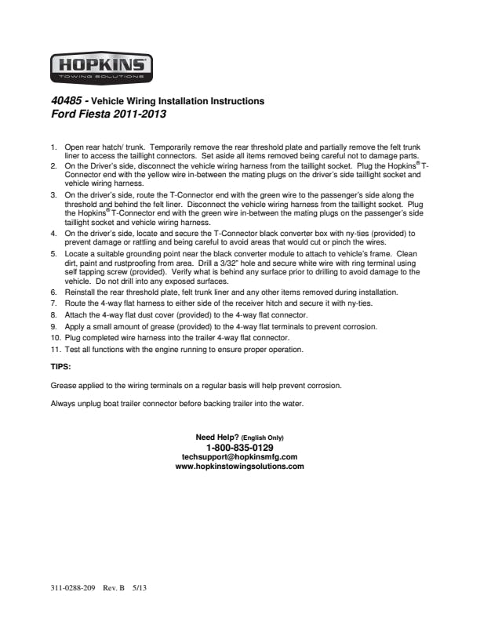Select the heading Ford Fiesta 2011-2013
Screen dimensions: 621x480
[107, 114]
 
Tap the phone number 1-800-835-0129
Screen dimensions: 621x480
[239, 447]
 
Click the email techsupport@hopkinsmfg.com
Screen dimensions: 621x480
[239, 456]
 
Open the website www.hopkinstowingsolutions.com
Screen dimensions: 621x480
[239, 466]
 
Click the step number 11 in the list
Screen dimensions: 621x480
[55, 349]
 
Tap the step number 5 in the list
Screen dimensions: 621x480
[53, 255]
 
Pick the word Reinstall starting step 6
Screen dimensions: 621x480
[80, 292]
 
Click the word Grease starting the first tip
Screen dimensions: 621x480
[64, 385]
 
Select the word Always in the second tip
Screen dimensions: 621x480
[64, 404]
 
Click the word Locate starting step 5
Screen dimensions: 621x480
[77, 255]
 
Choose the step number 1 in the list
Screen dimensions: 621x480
[53, 147]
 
